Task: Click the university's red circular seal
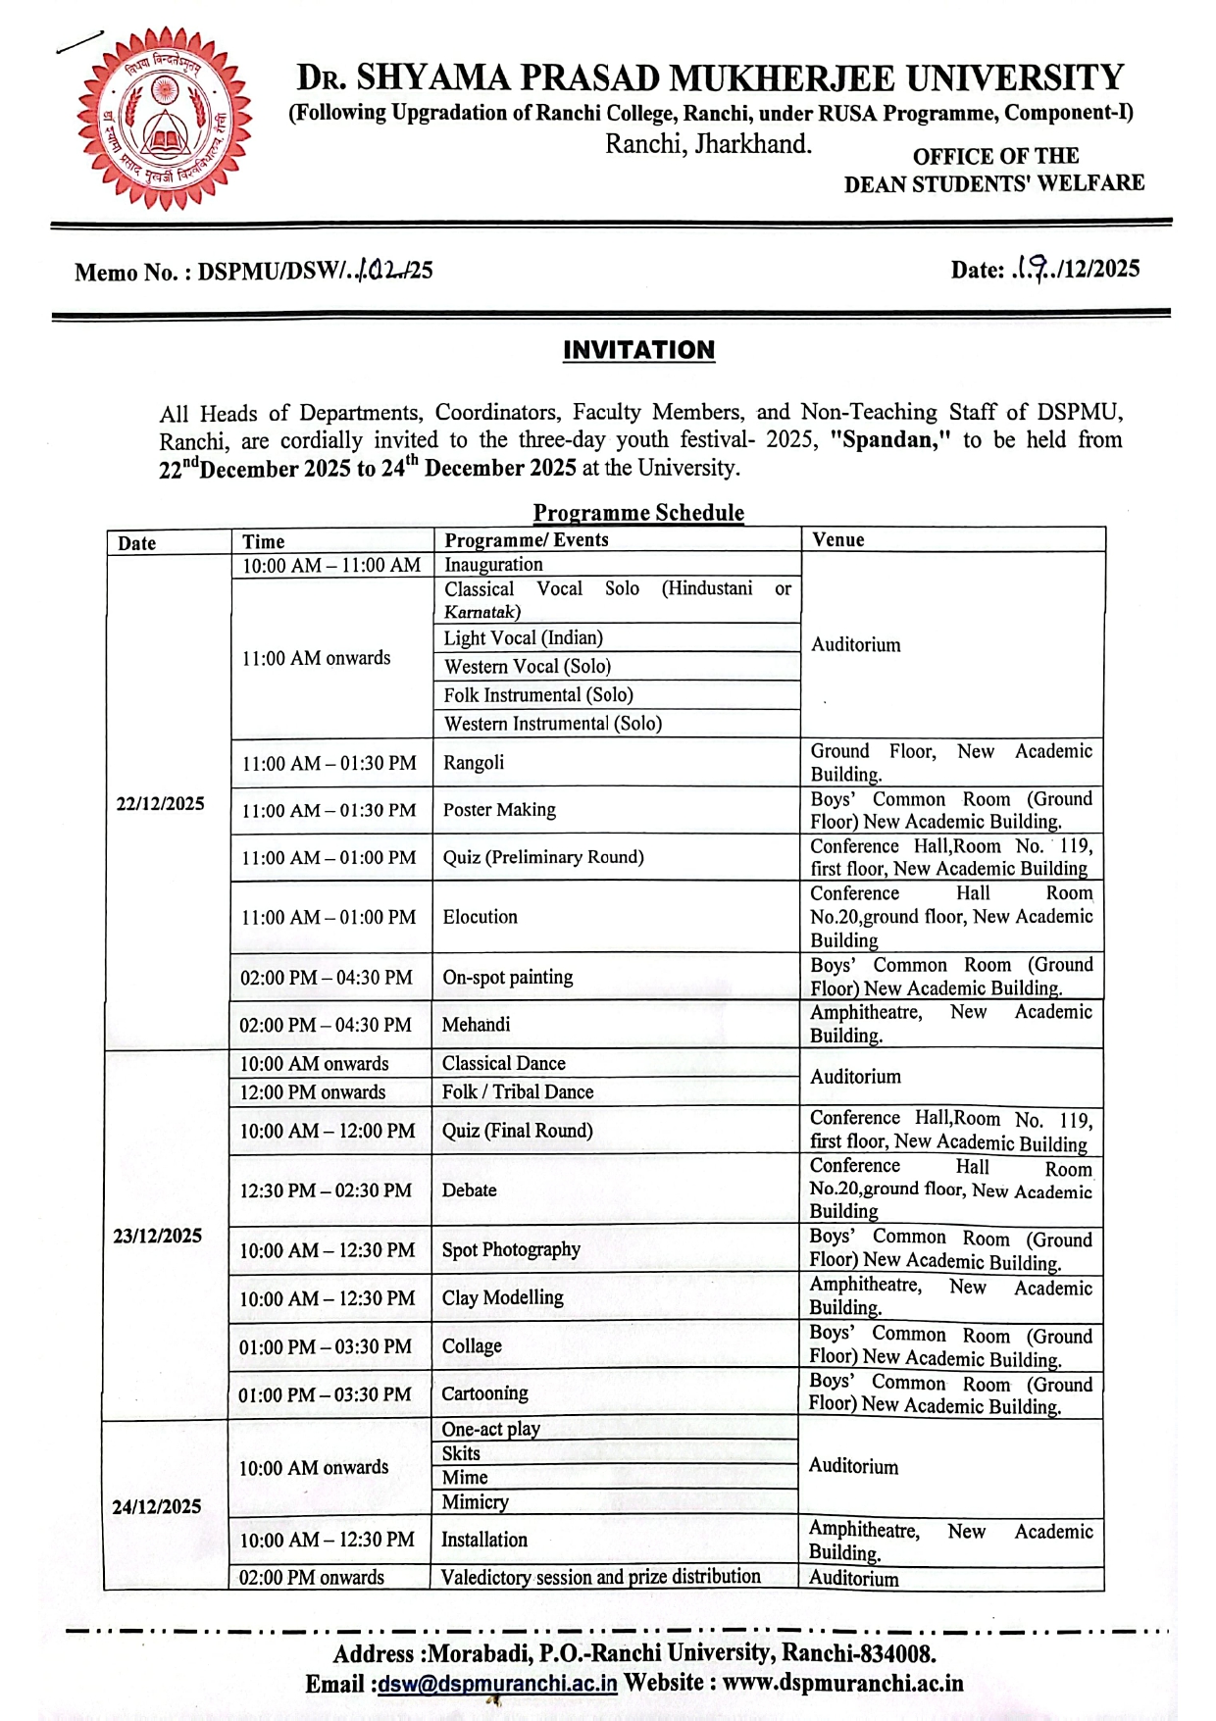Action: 164,118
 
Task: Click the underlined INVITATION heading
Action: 638,350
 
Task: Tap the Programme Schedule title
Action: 638,512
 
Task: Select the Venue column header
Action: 838,539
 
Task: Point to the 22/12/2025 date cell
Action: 161,803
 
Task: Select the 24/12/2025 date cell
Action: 157,1506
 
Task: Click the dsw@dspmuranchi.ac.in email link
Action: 497,1684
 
